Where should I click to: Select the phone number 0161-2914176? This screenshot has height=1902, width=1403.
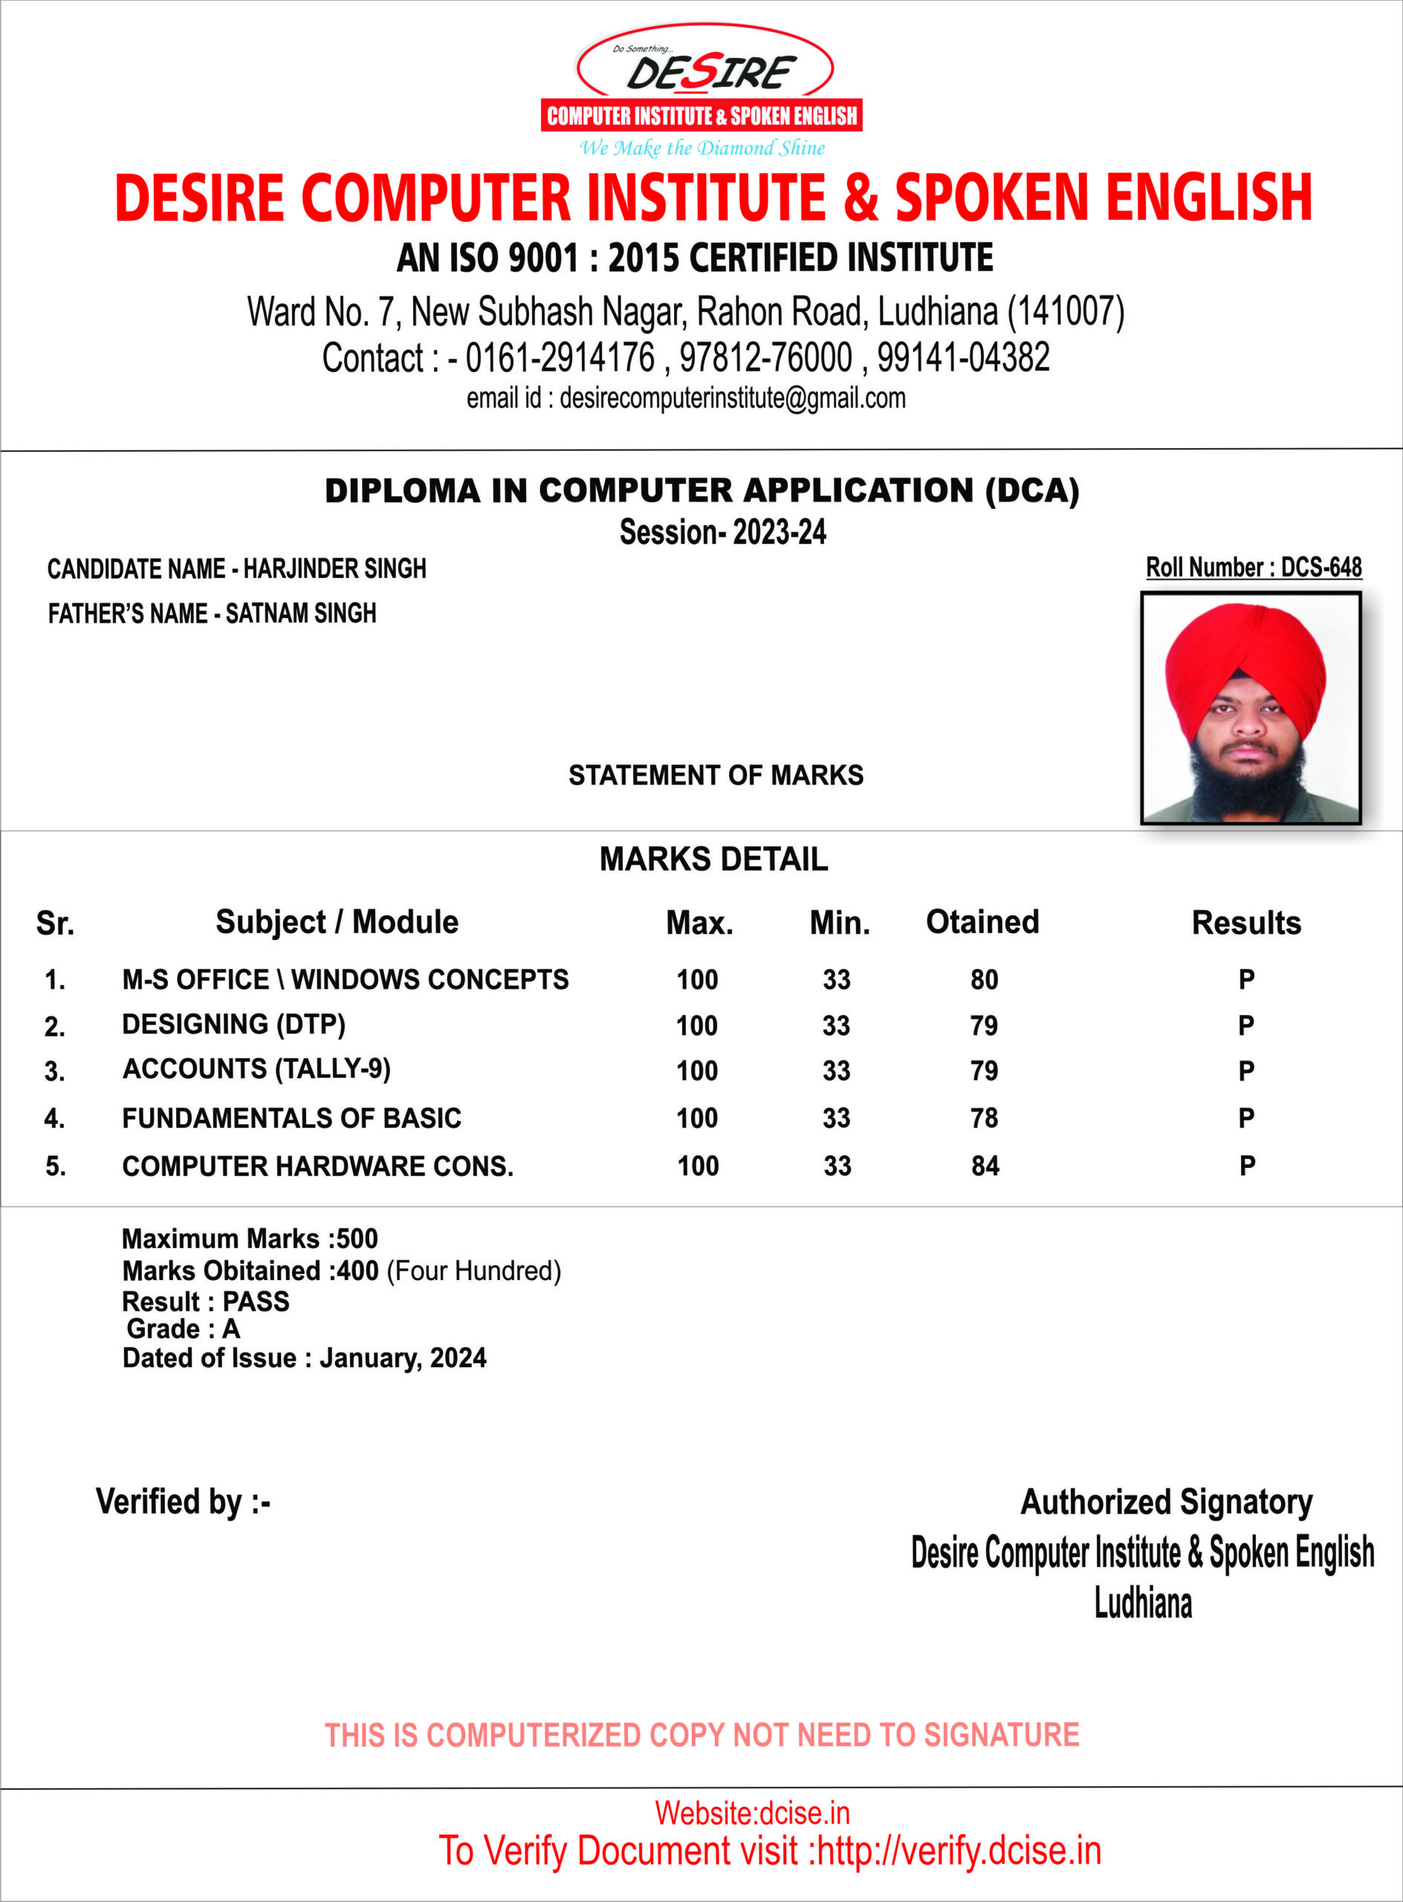click(x=560, y=357)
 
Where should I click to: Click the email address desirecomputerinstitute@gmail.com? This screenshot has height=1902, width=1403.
click(x=732, y=398)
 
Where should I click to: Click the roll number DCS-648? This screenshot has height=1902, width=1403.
click(x=1321, y=567)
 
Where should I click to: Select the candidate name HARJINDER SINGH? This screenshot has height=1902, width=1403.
click(x=334, y=569)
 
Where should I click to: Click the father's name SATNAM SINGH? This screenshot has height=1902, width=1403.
click(x=301, y=613)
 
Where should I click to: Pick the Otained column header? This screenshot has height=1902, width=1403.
click(x=982, y=922)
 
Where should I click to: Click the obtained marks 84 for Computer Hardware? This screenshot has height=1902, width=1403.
click(x=985, y=1166)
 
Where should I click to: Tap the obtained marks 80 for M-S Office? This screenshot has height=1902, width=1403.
click(x=985, y=980)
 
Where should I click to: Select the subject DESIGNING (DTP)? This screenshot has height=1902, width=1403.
click(x=233, y=1025)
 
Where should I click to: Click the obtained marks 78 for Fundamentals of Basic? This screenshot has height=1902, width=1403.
click(x=985, y=1118)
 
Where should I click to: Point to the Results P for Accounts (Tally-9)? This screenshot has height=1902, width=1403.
click(x=1246, y=1071)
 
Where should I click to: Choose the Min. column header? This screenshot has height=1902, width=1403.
click(x=839, y=923)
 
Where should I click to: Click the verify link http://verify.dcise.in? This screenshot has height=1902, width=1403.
click(x=959, y=1851)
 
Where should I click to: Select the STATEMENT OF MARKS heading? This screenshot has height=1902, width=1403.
click(x=715, y=775)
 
